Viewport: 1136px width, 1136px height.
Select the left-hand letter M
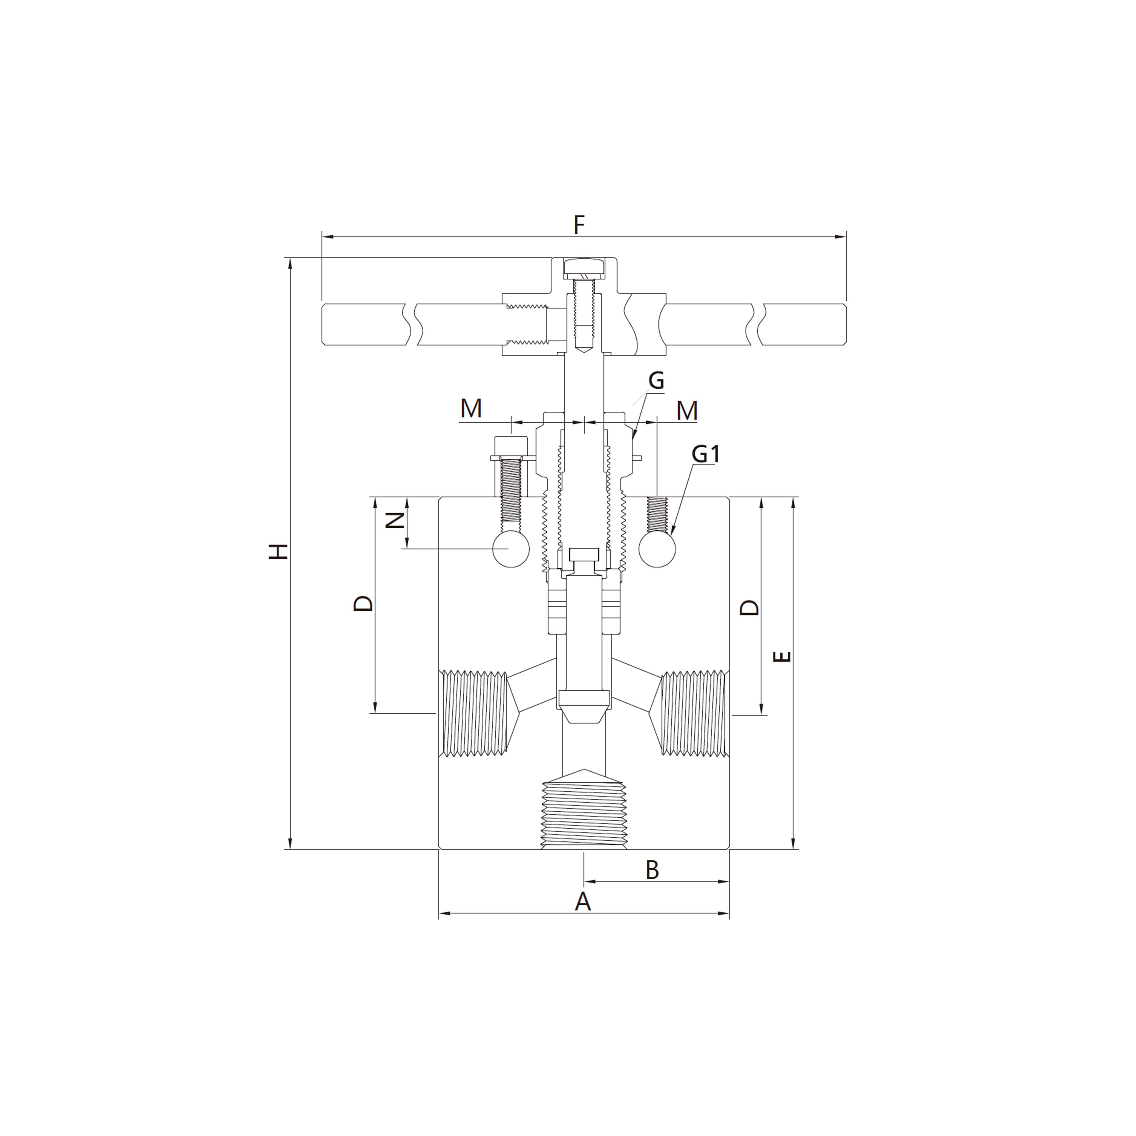click(x=471, y=408)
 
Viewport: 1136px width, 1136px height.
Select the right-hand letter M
click(x=687, y=410)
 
